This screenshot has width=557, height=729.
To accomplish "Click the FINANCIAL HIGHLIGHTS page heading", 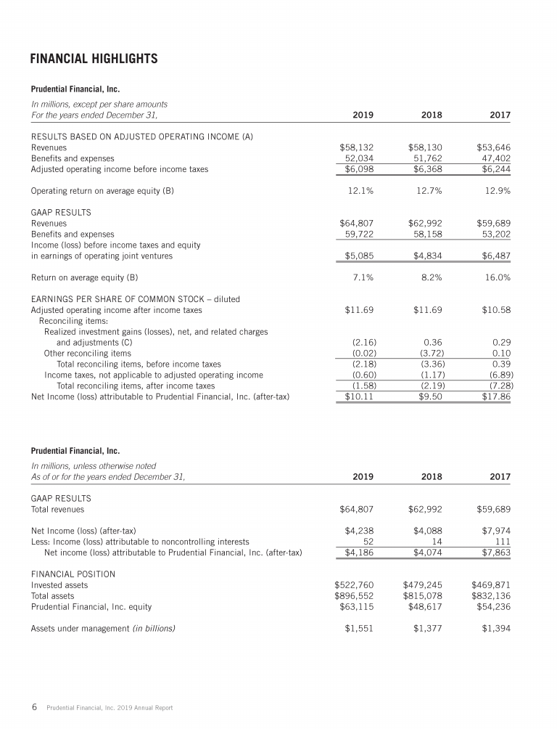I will pyautogui.click(x=94, y=58).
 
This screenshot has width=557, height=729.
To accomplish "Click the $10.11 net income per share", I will pyautogui.click(x=358, y=396).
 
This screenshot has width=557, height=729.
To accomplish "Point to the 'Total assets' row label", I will pyautogui.click(x=54, y=595).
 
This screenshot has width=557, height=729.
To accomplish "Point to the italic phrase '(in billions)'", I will pyautogui.click(x=152, y=628).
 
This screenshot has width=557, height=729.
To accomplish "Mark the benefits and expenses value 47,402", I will pyautogui.click(x=494, y=158).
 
